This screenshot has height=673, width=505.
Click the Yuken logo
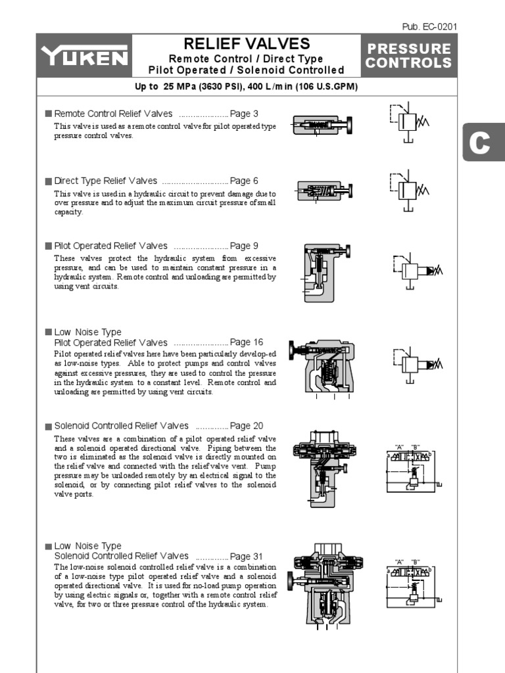[x=84, y=57]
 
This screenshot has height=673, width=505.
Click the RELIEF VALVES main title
[x=247, y=44]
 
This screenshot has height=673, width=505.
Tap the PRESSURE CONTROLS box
[x=409, y=57]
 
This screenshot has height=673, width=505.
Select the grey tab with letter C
[x=481, y=143]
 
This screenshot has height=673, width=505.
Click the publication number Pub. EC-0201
[x=429, y=27]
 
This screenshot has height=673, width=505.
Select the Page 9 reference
[x=244, y=246]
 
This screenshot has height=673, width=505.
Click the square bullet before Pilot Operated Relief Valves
[x=48, y=246]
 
